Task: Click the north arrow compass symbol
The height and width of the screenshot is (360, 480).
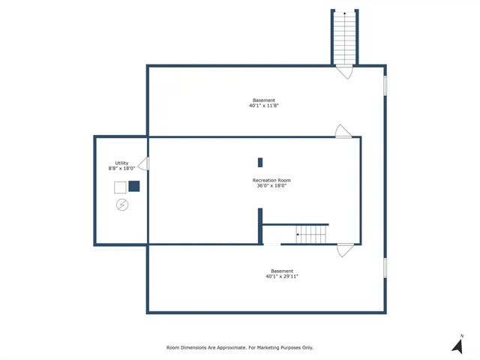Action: (457, 345)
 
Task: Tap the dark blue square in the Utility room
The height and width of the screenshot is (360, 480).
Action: (134, 186)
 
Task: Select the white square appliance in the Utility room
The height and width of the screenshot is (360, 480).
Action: (120, 187)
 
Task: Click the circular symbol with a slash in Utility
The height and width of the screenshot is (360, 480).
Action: (121, 205)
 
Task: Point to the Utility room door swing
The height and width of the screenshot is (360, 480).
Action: (143, 163)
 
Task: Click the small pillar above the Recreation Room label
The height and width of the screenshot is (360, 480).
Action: (260, 162)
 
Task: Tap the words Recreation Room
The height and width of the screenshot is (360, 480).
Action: (271, 180)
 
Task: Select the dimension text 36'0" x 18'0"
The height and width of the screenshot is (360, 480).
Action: (271, 186)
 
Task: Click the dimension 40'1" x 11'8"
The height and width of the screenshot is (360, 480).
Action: (264, 106)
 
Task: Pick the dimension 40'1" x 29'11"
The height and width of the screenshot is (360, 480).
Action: (282, 277)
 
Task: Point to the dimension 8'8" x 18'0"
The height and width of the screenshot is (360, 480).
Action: (121, 169)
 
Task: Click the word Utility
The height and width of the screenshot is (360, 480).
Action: (121, 163)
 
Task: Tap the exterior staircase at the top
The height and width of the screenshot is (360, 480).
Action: (343, 37)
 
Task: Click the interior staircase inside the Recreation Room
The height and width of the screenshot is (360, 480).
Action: (312, 234)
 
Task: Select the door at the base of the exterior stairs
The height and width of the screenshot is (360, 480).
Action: (343, 72)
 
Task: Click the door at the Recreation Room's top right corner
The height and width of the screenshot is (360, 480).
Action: (343, 131)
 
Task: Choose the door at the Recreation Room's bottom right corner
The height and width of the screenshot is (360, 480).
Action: (345, 250)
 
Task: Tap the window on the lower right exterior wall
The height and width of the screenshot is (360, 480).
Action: (385, 268)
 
